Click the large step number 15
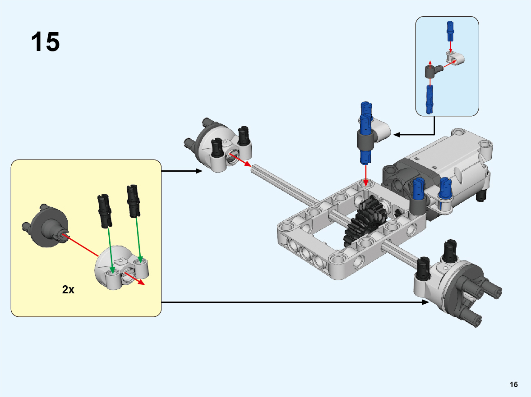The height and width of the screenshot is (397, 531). [x=45, y=42]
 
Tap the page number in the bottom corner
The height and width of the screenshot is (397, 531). [x=513, y=384]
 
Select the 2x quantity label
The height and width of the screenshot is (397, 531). [x=68, y=290]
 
